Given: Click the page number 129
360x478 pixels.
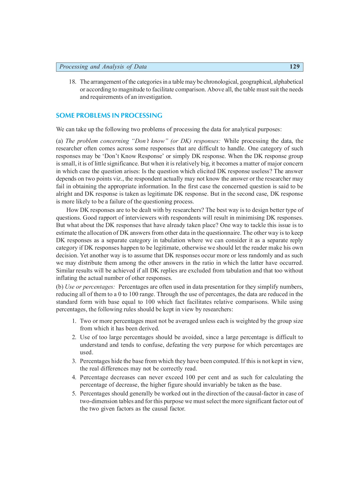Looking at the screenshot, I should coord(294,67).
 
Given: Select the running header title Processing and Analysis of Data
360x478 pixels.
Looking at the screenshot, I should coord(103,67).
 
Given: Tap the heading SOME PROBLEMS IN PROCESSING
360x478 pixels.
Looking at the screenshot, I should coord(109,116).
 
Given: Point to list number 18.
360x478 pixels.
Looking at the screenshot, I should coord(72,82).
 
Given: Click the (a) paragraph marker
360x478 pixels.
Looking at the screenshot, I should coord(59,141).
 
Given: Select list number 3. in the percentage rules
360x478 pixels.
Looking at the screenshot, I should coord(74,361).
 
